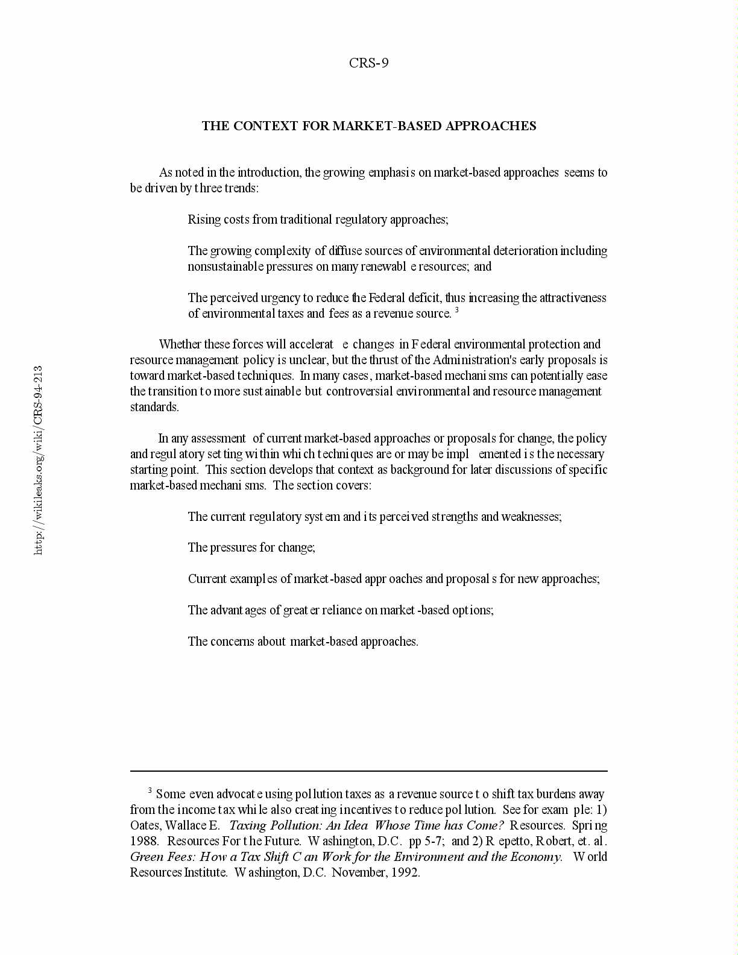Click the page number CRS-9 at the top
(368, 63)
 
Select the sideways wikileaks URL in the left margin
(38, 460)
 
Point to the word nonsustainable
(225, 266)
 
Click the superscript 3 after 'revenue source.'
(457, 310)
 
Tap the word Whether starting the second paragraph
(180, 344)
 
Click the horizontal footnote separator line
(368, 771)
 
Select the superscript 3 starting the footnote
(150, 790)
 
